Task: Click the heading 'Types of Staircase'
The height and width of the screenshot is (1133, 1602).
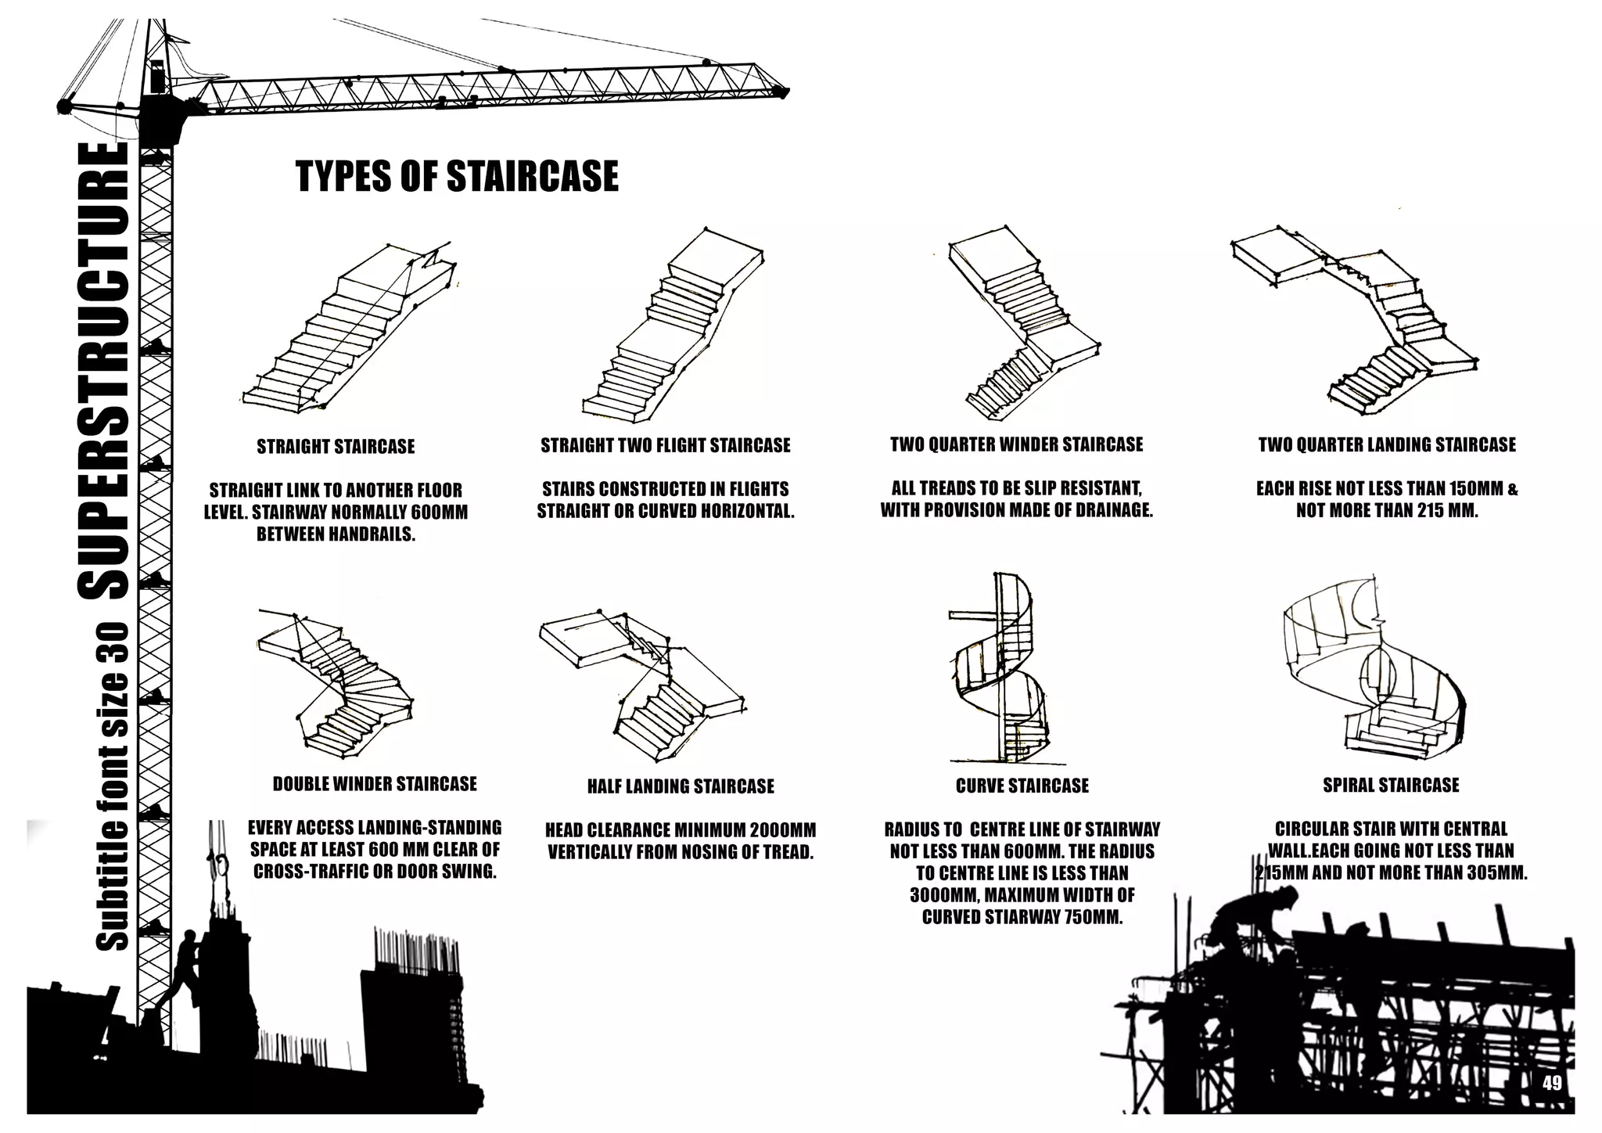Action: [457, 177]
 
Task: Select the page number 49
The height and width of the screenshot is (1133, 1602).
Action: [1552, 1083]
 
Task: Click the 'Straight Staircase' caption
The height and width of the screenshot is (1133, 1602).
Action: [336, 447]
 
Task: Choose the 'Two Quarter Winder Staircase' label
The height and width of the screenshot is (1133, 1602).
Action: [1016, 444]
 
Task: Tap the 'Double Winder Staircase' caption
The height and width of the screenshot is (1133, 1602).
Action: [375, 784]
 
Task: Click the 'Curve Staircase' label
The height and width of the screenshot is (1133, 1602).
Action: [1022, 786]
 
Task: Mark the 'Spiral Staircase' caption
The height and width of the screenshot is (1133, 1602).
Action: [1391, 785]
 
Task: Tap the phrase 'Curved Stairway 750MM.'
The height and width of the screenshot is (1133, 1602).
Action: [1022, 917]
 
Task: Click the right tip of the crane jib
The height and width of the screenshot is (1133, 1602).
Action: [780, 92]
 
